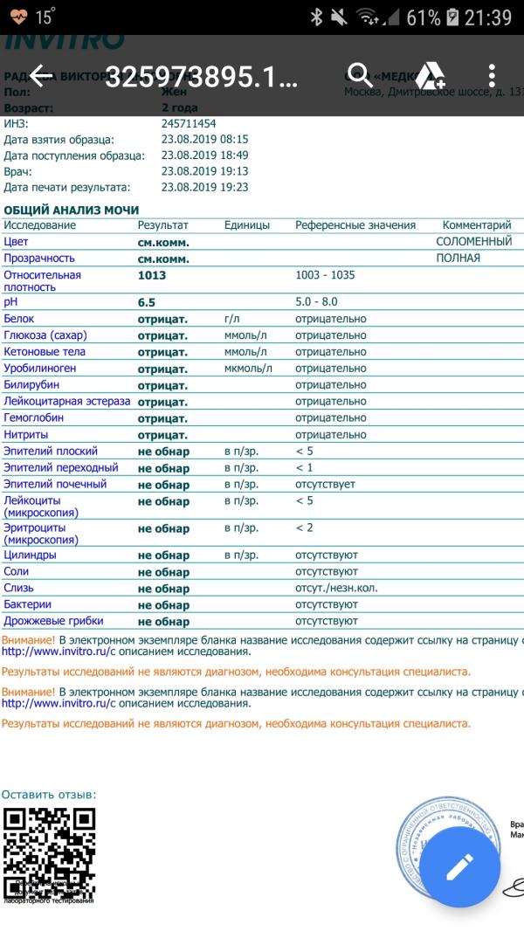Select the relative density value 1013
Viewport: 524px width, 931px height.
[152, 275]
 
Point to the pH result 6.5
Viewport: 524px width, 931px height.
[147, 302]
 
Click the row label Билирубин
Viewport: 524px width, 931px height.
[32, 385]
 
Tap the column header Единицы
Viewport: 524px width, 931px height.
[247, 225]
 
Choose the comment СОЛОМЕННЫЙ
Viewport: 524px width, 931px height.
[474, 241]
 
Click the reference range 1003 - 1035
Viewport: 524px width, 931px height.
[325, 275]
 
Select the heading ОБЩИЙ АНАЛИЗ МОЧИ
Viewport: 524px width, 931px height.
[72, 210]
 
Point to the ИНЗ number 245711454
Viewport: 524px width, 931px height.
[189, 124]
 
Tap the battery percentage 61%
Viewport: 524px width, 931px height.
[424, 17]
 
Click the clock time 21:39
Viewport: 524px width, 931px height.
[488, 17]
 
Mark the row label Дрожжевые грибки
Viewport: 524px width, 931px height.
[53, 621]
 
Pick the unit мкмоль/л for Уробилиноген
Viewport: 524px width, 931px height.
[248, 369]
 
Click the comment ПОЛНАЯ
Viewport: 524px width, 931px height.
[458, 259]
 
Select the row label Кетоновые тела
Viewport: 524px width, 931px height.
[45, 352]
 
